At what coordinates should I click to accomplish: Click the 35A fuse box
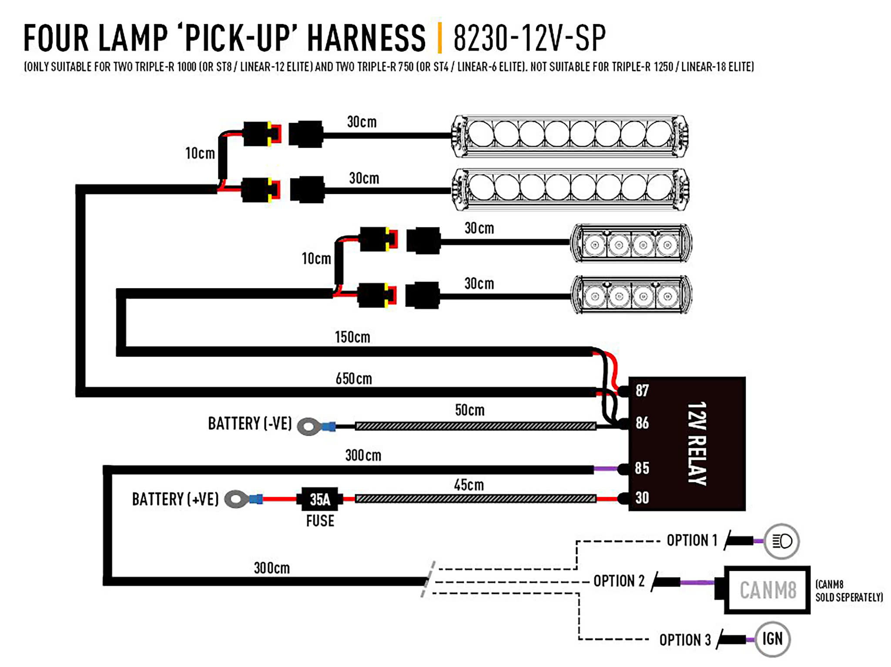320,499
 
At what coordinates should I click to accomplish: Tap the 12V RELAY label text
697,443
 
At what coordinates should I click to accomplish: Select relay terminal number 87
642,390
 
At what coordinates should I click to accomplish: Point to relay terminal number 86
642,423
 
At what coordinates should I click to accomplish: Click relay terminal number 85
642,468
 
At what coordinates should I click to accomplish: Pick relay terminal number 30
642,497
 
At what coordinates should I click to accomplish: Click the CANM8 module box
767,590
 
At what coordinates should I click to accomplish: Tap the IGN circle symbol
772,639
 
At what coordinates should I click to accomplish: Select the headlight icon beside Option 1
782,541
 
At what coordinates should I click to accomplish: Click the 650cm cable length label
354,379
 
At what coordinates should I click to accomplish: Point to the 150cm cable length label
352,337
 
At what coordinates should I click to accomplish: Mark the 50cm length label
469,410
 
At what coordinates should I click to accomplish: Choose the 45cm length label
469,485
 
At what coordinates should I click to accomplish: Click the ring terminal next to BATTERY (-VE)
309,427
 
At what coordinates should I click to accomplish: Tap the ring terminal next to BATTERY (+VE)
237,499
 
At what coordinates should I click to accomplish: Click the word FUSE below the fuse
320,521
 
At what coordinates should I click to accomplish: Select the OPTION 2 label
619,581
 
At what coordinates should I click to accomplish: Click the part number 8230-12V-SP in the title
529,38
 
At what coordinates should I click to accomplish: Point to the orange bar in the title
440,38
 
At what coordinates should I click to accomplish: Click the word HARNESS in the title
366,38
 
